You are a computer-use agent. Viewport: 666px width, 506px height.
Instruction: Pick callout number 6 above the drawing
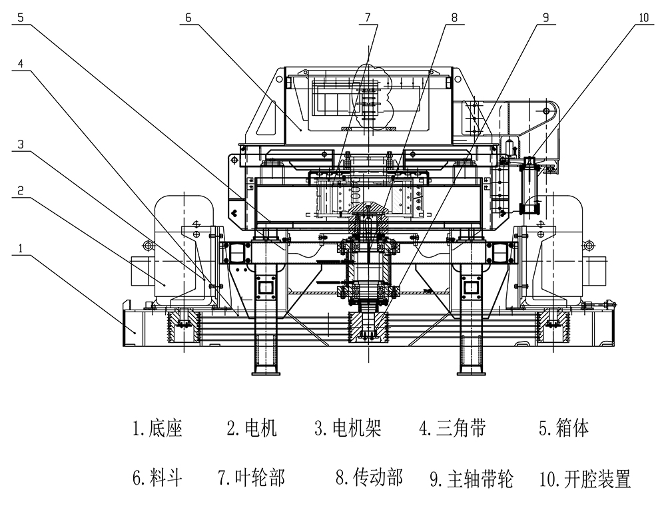pos(188,18)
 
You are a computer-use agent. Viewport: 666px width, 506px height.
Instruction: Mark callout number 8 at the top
pos(454,18)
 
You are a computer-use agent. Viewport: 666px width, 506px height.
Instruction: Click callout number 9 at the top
pos(545,18)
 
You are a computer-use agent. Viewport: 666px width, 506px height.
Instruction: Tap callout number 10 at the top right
pos(643,18)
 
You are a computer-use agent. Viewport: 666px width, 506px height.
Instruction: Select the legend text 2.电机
pos(251,428)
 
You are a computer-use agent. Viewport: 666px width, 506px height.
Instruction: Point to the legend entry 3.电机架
pos(348,428)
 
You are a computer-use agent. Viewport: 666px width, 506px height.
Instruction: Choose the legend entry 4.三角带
pos(452,428)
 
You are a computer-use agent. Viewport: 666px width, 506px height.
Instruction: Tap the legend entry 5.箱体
pos(564,428)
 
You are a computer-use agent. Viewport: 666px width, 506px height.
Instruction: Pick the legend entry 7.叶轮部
pos(251,477)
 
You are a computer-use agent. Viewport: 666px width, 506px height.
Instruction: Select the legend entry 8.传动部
pos(369,477)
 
